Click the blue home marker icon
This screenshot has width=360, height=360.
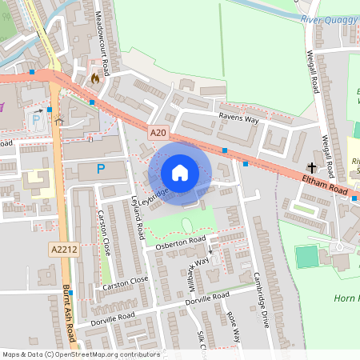click(x=180, y=173)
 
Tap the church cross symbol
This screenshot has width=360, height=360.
click(x=311, y=168)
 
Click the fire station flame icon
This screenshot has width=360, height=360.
click(x=96, y=78)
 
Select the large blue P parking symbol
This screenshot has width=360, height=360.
click(x=100, y=169)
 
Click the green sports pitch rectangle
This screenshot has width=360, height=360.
click(x=306, y=257)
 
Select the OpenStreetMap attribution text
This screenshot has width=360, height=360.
click(x=81, y=354)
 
